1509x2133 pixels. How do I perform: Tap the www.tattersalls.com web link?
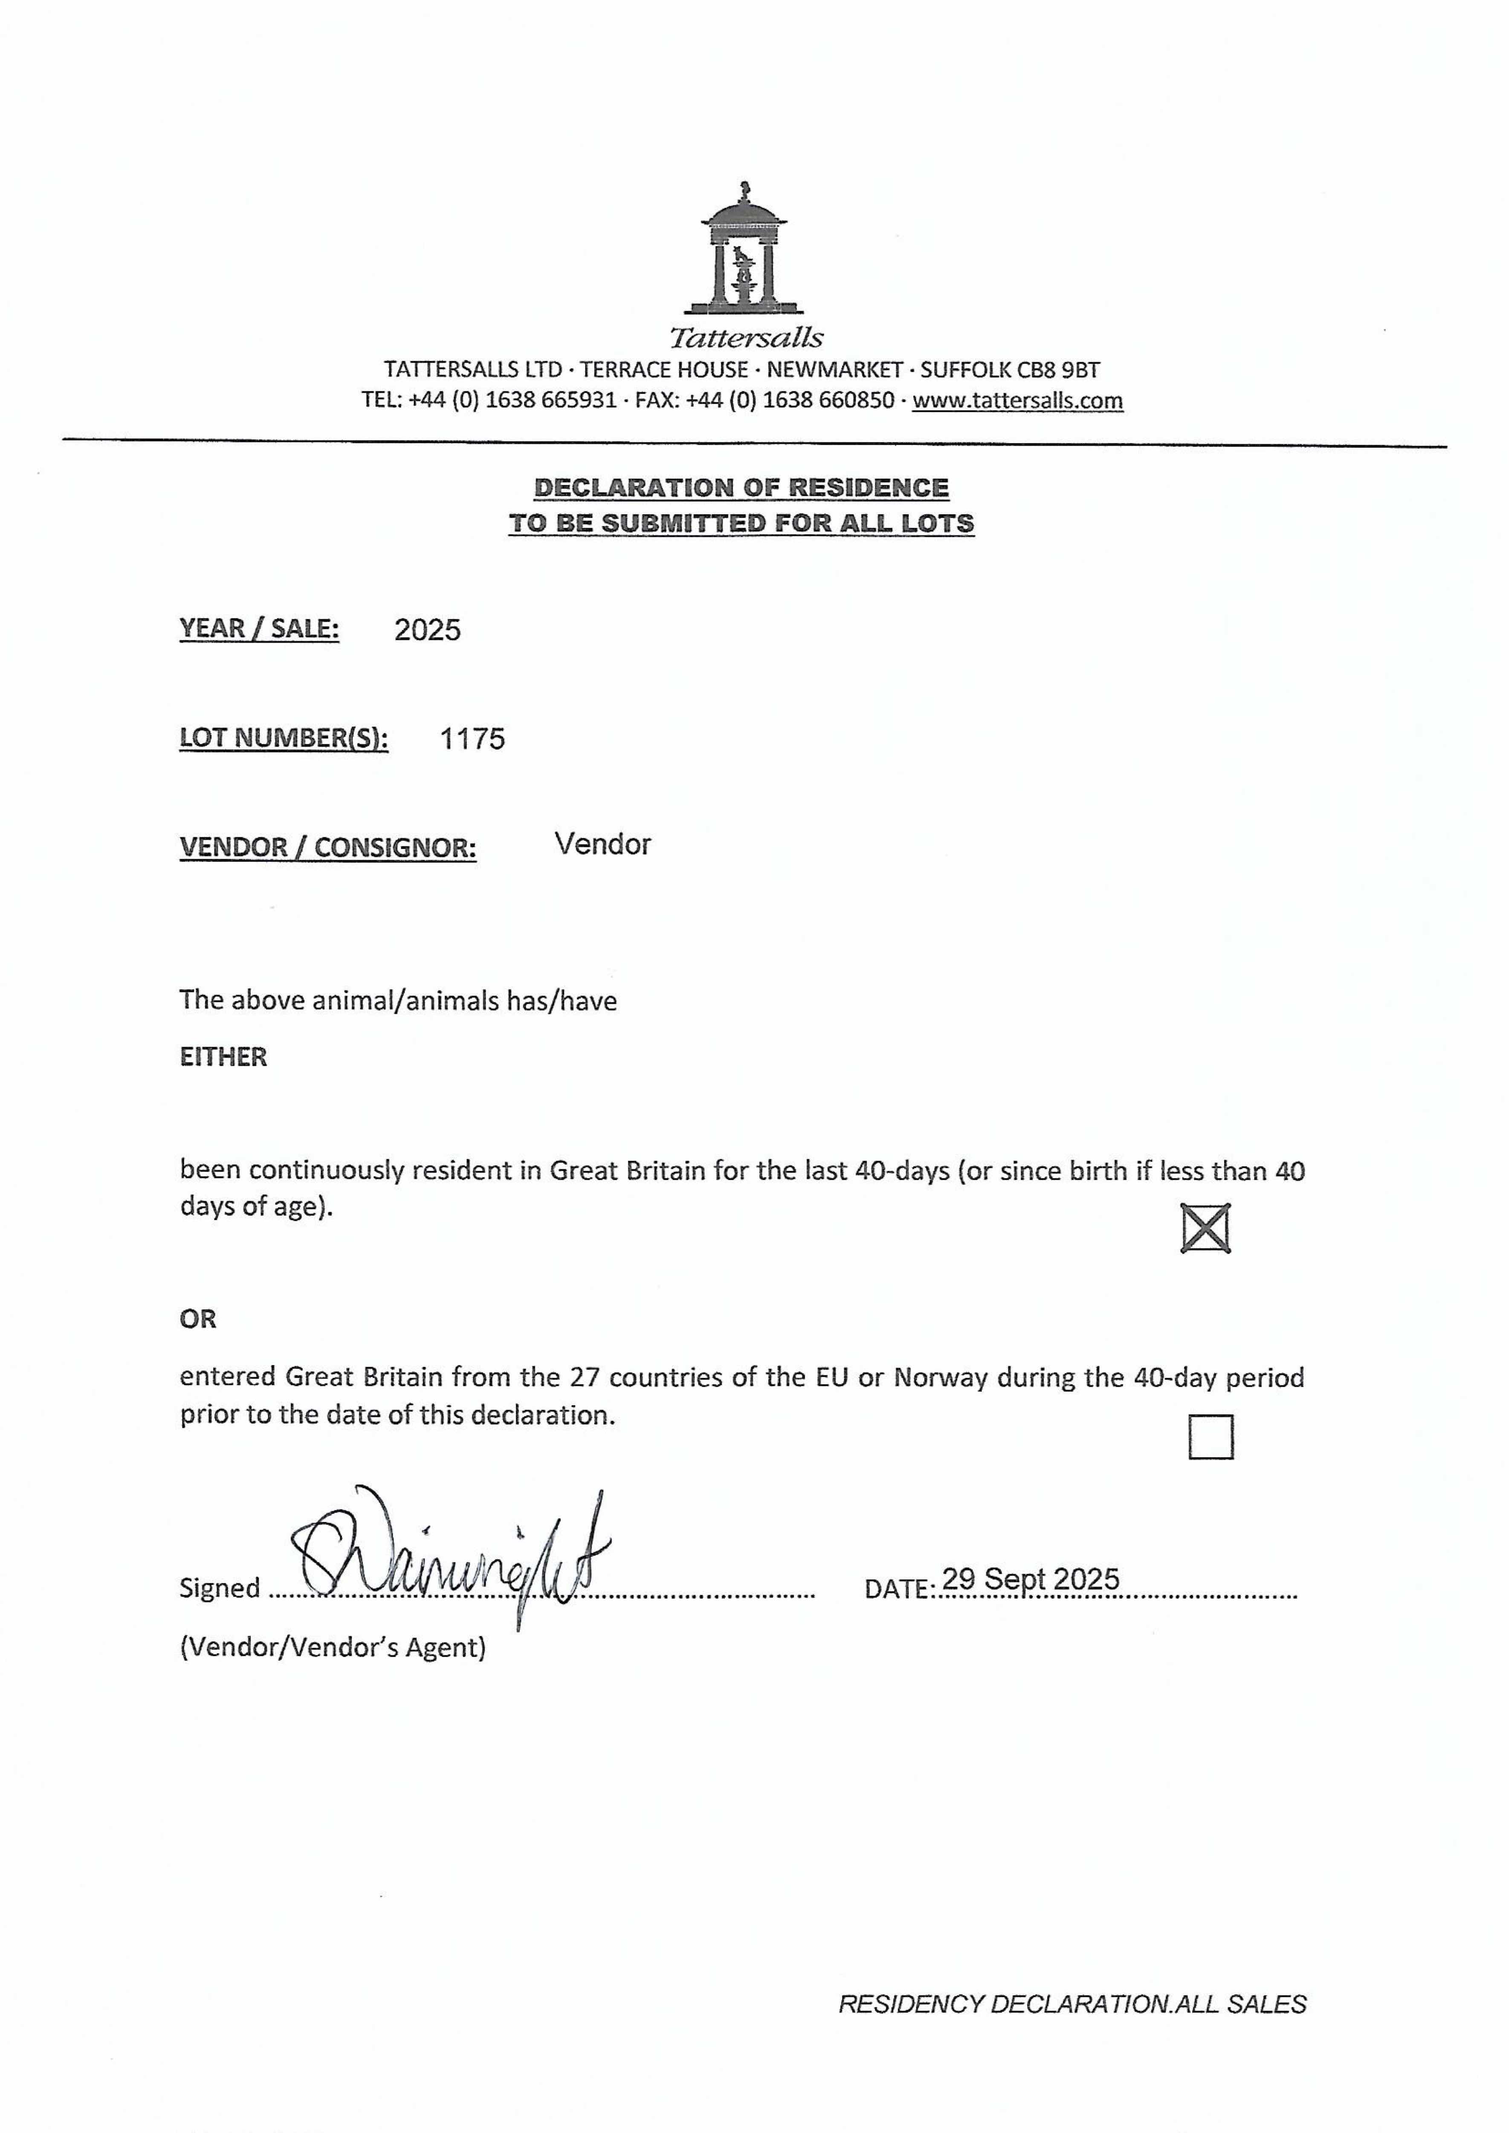(1017, 401)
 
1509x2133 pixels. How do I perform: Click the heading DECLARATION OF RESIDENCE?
(741, 488)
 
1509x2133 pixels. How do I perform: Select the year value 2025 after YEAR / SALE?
(427, 630)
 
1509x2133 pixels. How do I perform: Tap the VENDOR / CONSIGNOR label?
(328, 848)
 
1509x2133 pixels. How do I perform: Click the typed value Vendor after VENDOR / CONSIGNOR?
(602, 844)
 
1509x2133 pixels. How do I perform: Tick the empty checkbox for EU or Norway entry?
(1211, 1437)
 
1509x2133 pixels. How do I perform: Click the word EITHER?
(223, 1057)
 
